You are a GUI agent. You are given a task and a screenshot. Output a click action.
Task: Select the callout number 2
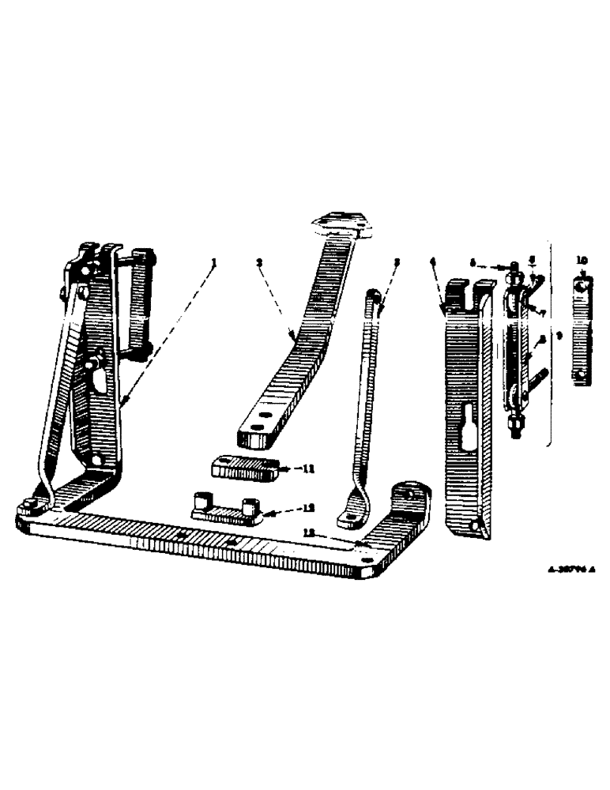pos(258,263)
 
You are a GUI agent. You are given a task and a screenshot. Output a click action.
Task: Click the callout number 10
pos(582,259)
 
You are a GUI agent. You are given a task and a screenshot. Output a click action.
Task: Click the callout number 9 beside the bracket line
pos(559,335)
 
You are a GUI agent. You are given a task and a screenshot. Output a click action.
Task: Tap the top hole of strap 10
pos(582,287)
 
